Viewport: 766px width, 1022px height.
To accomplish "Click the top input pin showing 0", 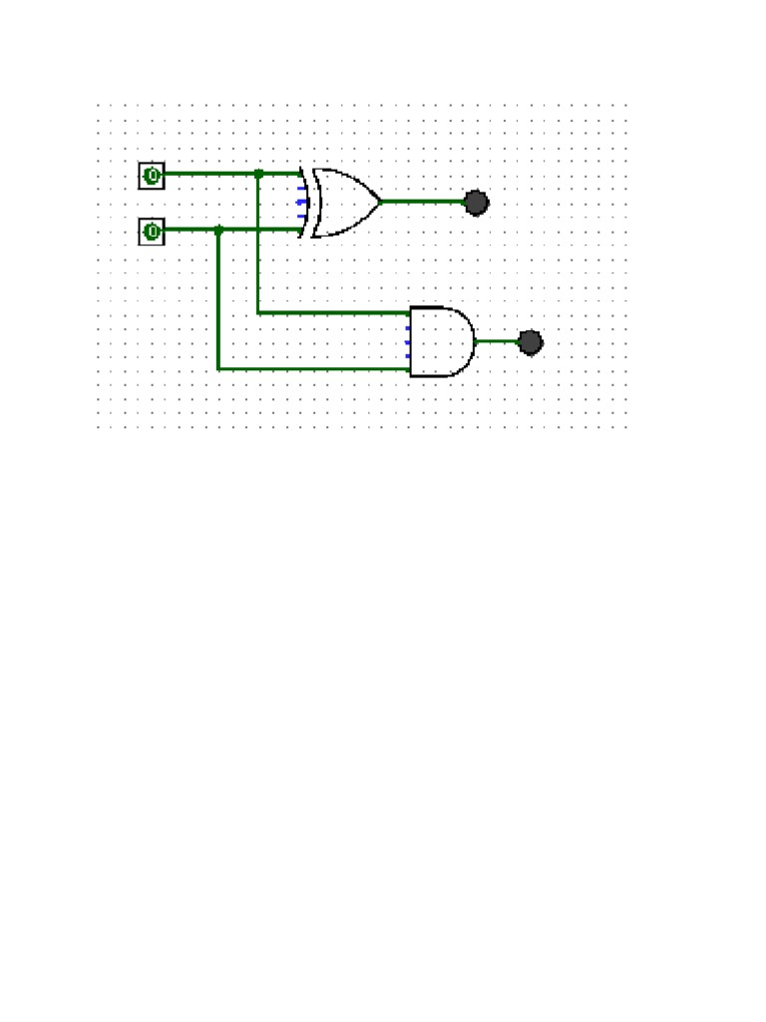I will click(152, 176).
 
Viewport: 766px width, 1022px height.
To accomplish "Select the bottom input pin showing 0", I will click(152, 233).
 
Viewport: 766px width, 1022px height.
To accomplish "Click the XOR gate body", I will click(344, 202).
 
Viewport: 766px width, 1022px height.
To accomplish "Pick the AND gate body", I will click(439, 341).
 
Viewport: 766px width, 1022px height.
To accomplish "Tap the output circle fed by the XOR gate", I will click(477, 203).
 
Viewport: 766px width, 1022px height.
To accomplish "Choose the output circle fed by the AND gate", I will click(531, 342).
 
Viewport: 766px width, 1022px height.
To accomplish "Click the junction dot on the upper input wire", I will click(258, 174).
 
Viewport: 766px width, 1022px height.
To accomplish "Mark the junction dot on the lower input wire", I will click(218, 230).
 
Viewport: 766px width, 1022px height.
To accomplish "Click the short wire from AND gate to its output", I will click(496, 341).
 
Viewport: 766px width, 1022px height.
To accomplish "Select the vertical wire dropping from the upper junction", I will click(258, 245).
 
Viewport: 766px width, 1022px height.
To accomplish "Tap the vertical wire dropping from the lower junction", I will click(218, 299).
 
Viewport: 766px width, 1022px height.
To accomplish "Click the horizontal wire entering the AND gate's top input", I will click(334, 312).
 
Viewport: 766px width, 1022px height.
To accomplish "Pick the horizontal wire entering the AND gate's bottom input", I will click(314, 369).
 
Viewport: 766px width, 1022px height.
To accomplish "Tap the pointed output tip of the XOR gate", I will click(379, 201).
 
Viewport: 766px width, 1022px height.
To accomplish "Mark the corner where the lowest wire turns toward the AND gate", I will click(218, 369).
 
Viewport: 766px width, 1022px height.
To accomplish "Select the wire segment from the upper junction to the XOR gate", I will click(279, 174).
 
